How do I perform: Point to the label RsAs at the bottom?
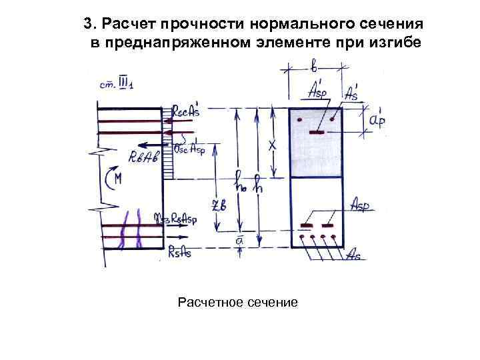coord(181,251)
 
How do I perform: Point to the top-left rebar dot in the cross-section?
coord(301,121)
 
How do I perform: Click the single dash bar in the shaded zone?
coord(316,133)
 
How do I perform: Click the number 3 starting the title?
coord(88,25)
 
